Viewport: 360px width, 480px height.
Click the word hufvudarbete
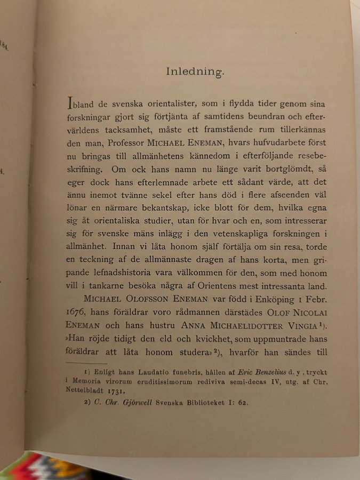point(270,142)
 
